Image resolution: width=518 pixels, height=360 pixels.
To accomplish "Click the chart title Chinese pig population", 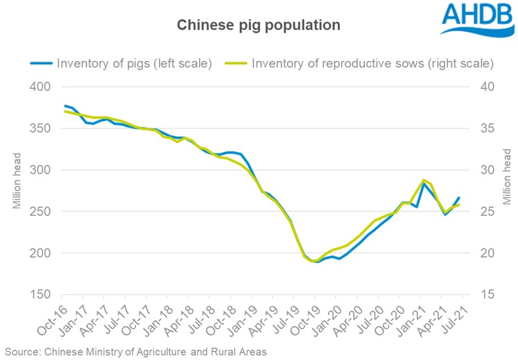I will (x=259, y=25).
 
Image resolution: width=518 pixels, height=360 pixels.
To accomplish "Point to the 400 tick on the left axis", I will (x=41, y=87).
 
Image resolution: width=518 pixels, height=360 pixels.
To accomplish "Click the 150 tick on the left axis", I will (x=41, y=295).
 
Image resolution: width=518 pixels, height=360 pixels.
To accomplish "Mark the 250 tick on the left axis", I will (x=41, y=212).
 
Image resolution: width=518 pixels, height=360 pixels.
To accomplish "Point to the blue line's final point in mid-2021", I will (x=458, y=198).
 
